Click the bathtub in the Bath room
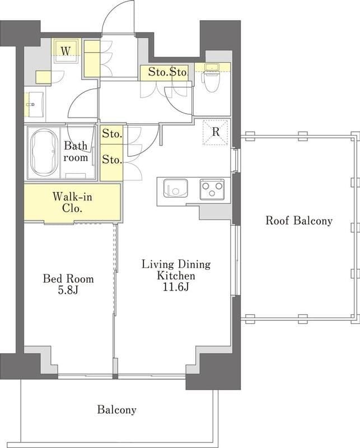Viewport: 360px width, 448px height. (44, 152)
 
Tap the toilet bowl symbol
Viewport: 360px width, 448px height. (211, 81)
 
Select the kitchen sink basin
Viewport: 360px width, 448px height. (175, 188)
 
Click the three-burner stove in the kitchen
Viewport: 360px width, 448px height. (212, 189)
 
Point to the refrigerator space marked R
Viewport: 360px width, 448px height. (216, 132)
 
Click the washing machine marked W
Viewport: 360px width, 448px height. (66, 51)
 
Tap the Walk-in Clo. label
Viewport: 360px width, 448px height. (72, 202)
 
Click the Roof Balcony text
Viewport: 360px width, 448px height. (299, 221)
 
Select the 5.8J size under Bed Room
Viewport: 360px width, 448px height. (68, 291)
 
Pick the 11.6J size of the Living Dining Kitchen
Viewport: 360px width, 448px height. (176, 287)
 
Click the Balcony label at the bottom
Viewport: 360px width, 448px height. (116, 410)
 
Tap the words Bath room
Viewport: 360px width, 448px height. (76, 151)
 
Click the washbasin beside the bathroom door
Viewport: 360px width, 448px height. (34, 104)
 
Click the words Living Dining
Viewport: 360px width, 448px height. (176, 264)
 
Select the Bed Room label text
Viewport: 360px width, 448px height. (68, 278)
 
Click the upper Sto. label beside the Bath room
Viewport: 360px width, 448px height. (113, 133)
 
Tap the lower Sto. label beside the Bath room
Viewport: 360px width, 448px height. (113, 160)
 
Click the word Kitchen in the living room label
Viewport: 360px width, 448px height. (176, 276)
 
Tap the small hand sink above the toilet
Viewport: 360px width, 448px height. (212, 67)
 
